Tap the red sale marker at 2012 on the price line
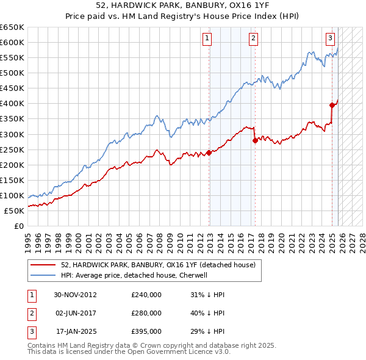209,153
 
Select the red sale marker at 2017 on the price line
254,140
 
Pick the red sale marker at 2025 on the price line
332,105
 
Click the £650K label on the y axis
12,27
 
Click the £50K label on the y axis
15,211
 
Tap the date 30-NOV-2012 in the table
75,295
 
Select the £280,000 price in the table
146,313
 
